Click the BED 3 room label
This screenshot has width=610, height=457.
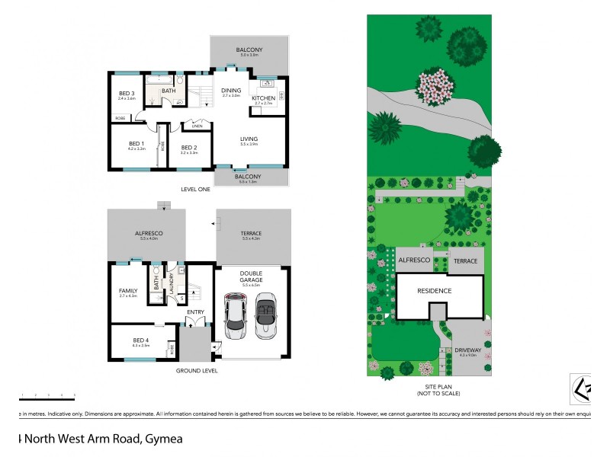[127, 93]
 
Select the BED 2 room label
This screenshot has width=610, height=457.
[189, 147]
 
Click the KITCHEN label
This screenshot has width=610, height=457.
[264, 98]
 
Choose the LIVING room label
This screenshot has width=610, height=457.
[249, 138]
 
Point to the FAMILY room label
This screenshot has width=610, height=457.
[127, 290]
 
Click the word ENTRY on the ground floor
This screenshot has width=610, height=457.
[195, 311]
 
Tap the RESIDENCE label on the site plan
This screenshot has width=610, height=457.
[434, 290]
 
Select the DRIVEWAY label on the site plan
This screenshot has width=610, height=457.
[467, 350]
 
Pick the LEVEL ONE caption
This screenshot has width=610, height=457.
[195, 189]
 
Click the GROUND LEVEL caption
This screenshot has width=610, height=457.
[197, 371]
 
